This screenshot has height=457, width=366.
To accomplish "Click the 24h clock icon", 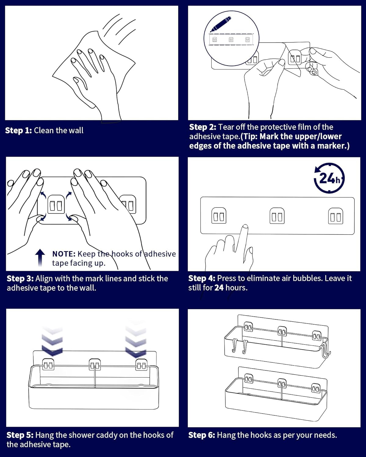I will click(x=329, y=178).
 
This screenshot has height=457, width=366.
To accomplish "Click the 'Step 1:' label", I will click(x=18, y=130).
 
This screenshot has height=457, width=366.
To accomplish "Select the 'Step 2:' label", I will click(x=203, y=127).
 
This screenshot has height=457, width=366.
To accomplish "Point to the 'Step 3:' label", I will click(x=20, y=278).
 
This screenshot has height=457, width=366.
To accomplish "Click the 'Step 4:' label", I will click(x=202, y=278).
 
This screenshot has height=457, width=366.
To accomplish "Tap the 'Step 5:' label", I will click(x=20, y=435).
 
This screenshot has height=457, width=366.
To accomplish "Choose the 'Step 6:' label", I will click(x=202, y=435).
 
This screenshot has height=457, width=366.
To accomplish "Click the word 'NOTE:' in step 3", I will click(x=64, y=254).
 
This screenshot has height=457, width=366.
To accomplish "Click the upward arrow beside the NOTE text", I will click(x=40, y=258).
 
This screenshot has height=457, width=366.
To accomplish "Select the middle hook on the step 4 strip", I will click(x=277, y=216).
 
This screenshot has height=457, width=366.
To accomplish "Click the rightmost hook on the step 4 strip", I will click(x=335, y=216).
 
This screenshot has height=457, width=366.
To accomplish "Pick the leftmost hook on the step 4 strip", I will click(x=219, y=216).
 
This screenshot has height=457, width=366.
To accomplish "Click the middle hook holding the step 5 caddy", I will click(x=95, y=365).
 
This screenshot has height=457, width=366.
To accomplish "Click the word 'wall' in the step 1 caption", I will click(x=76, y=130).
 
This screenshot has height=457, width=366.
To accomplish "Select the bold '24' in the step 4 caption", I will click(x=219, y=288).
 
